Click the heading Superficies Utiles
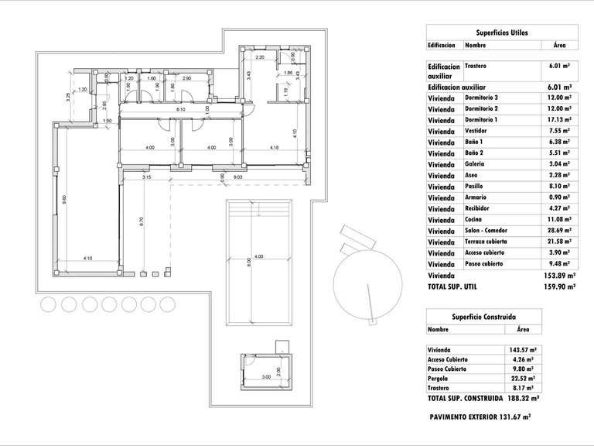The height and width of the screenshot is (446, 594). coord(501,32)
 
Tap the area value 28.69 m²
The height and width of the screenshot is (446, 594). coord(559,231)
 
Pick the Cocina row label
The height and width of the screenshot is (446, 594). coord(474,220)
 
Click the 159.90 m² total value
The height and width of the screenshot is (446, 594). coord(559,286)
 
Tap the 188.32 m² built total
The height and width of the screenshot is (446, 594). coord(523,400)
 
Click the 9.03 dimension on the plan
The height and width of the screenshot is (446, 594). coord(239,177)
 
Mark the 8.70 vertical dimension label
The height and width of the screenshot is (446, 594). coord(142,224)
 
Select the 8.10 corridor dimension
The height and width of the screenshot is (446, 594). coord(180,110)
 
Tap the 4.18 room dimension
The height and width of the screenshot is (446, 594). coord(275,147)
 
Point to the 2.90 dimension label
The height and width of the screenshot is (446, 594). coord(186,79)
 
